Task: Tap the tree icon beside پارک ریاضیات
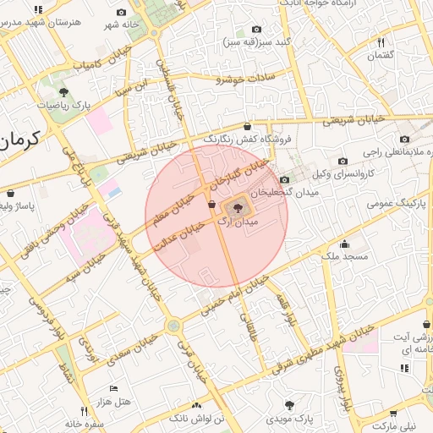[64, 91]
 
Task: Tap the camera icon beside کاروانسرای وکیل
[343, 161]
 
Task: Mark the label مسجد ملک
[345, 255]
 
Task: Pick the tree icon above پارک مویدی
[291, 405]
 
